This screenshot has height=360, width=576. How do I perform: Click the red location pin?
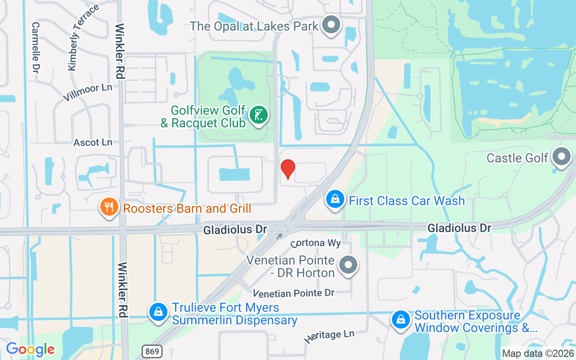[x=288, y=169]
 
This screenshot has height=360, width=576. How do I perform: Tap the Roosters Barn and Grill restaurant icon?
[x=108, y=207]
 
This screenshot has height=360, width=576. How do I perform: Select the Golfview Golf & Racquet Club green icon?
[x=258, y=115]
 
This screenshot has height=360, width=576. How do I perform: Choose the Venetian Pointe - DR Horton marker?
[x=348, y=265]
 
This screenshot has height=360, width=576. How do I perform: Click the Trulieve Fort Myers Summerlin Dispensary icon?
[x=158, y=311]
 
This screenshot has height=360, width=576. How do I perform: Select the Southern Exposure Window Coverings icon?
[x=400, y=319]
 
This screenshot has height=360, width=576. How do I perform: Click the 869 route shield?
[x=153, y=351]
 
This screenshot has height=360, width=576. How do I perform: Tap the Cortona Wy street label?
[x=315, y=243]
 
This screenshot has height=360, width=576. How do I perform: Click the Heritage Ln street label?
[x=329, y=336]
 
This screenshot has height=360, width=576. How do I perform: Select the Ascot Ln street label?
[x=93, y=143]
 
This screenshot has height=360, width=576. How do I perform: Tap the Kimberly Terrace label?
[x=83, y=38]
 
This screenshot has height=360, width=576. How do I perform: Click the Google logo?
[x=31, y=349]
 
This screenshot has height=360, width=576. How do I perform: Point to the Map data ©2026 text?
[x=538, y=354]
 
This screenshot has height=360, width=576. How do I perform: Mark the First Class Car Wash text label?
[x=407, y=201]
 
